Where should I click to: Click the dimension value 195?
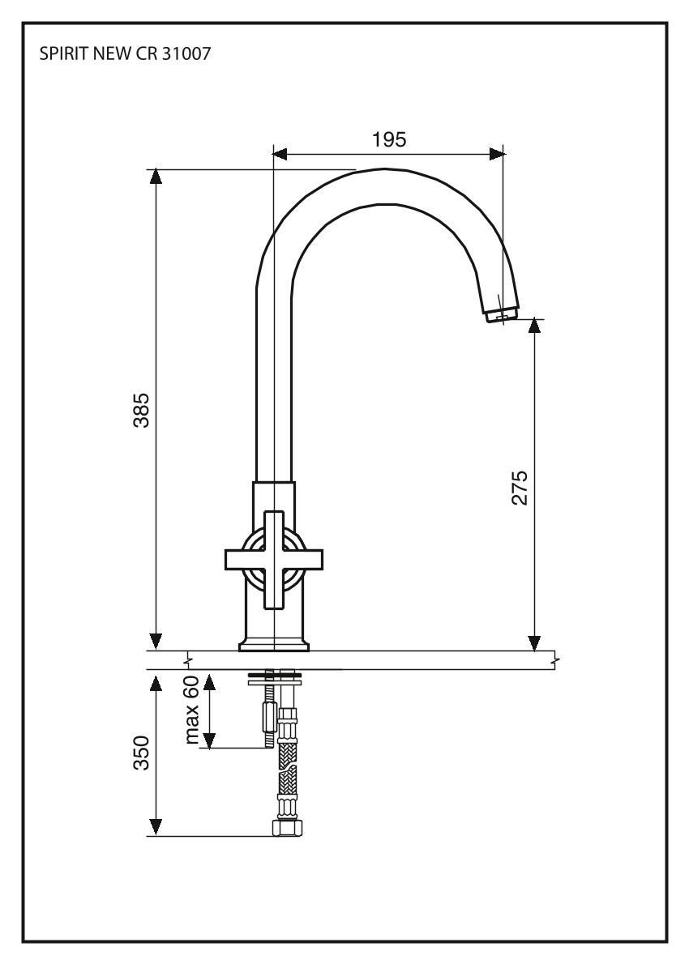(x=389, y=139)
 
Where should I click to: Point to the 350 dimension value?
(x=141, y=754)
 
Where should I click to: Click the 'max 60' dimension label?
(x=193, y=711)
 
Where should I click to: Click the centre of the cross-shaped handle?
(x=274, y=558)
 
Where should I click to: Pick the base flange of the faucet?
(x=274, y=646)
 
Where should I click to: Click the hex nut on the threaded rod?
(x=267, y=717)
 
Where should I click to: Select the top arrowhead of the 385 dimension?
(x=156, y=177)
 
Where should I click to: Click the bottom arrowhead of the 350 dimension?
(x=156, y=827)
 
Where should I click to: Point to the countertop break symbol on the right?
(x=554, y=660)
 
